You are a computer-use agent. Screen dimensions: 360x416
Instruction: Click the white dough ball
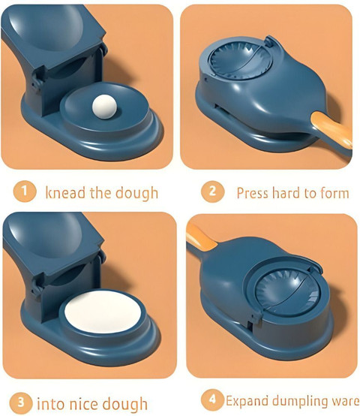[x=104, y=107]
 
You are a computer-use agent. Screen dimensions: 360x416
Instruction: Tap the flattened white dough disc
[x=103, y=312]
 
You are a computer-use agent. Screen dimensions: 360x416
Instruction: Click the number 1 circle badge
[x=24, y=191]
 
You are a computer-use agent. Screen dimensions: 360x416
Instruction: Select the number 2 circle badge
[x=212, y=191]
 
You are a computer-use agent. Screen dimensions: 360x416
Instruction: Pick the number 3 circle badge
[x=21, y=402]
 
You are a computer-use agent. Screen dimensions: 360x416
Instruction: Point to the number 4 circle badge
[x=212, y=399]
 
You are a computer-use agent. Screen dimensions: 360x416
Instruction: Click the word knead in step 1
[x=65, y=192]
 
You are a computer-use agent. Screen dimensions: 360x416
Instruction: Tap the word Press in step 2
[x=253, y=193]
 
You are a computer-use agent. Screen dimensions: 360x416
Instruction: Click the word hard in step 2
[x=287, y=193]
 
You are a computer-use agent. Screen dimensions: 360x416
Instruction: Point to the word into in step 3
[x=50, y=404]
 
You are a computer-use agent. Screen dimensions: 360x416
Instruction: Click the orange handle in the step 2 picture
[x=332, y=130]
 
